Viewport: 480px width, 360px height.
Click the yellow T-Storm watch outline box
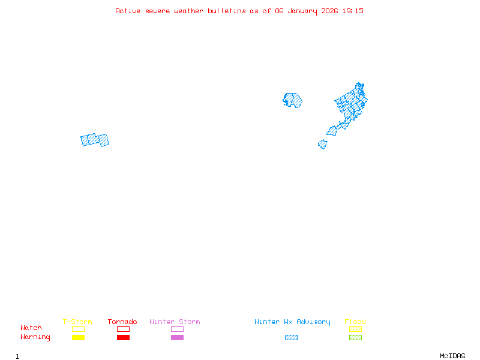[78, 329]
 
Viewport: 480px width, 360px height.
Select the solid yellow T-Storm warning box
[78, 338]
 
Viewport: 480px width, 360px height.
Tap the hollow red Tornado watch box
[123, 329]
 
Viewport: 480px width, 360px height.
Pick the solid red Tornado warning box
[123, 338]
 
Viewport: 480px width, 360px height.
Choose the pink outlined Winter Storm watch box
[177, 329]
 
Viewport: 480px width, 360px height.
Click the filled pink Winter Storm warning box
[177, 338]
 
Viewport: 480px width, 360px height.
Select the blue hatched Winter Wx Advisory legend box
[291, 338]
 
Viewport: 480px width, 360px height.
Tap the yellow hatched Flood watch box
[355, 329]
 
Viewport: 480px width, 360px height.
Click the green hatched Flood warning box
[355, 338]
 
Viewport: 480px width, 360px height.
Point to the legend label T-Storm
[77, 322]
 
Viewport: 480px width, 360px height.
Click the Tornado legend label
[122, 322]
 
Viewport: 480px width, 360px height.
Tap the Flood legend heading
[355, 322]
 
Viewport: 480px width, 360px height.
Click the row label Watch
[31, 328]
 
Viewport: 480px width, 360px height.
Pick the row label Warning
[35, 337]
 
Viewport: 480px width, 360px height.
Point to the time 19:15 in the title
[353, 11]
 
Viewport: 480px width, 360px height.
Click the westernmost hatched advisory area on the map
[95, 140]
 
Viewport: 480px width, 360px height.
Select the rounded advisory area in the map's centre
[293, 100]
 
